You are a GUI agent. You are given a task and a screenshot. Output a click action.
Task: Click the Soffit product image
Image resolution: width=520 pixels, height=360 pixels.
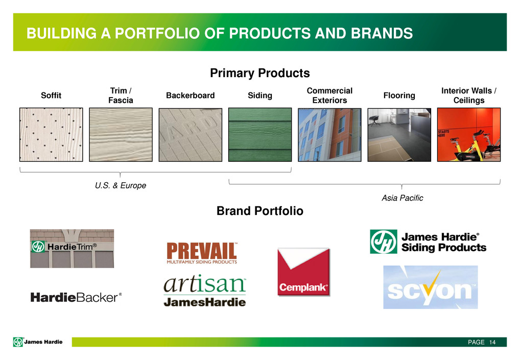click(51, 135)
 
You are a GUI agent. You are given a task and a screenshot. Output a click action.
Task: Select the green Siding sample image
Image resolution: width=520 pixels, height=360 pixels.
click(260, 135)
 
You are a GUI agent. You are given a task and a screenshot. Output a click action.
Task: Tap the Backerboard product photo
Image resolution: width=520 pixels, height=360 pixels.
click(191, 135)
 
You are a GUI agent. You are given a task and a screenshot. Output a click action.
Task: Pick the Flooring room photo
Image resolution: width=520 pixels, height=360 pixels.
click(399, 135)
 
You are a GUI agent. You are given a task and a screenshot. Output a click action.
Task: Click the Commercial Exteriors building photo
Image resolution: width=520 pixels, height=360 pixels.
click(329, 135)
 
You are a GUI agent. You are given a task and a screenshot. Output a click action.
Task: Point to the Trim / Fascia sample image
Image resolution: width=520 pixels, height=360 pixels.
click(121, 135)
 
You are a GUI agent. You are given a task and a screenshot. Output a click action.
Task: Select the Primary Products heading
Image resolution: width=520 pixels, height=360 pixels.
click(260, 73)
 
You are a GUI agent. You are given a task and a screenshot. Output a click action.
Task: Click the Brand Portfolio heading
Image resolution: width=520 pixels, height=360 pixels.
click(260, 211)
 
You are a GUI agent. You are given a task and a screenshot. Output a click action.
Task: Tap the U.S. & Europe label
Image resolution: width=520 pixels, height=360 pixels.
click(121, 185)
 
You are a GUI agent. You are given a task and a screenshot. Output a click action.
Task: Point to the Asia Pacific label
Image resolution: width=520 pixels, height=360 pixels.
click(403, 198)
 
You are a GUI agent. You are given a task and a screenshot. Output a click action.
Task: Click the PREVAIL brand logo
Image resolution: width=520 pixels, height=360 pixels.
click(202, 253)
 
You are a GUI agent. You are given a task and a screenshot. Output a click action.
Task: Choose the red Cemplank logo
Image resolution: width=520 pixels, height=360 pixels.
click(304, 272)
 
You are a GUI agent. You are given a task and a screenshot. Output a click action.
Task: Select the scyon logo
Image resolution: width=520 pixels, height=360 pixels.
click(431, 287)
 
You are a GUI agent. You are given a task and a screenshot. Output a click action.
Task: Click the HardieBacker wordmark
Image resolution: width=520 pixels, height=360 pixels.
click(76, 297)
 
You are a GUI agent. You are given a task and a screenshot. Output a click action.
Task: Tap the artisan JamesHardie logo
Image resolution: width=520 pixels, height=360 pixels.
click(205, 291)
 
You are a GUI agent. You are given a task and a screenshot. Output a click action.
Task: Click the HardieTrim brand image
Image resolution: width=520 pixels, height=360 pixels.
click(72, 249)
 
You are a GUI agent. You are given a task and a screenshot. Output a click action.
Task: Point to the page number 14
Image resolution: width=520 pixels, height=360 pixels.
click(492, 342)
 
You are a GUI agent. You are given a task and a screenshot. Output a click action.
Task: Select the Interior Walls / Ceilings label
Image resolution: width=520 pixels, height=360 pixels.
click(469, 95)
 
